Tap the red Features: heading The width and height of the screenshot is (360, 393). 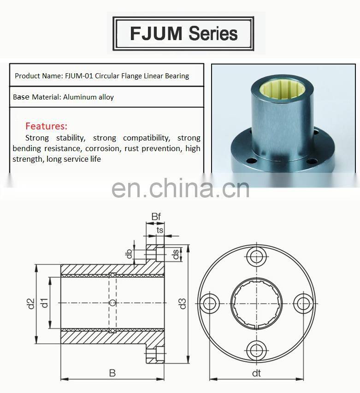click(46, 126)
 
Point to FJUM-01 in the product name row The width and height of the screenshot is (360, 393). click(81, 76)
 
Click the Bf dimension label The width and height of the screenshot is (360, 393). click(156, 217)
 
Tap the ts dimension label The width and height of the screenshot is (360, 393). click(160, 229)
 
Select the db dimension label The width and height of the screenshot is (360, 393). click(130, 253)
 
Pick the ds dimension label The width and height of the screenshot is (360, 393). click(176, 254)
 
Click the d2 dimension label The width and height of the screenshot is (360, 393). click(30, 304)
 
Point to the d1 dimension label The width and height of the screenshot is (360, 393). click(44, 303)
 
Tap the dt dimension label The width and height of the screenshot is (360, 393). click(256, 374)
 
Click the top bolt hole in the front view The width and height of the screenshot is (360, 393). click(256, 256)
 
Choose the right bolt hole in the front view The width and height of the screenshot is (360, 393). click(303, 303)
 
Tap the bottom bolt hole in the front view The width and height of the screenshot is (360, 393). click(256, 349)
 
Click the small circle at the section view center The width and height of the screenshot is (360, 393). click(112, 303)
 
